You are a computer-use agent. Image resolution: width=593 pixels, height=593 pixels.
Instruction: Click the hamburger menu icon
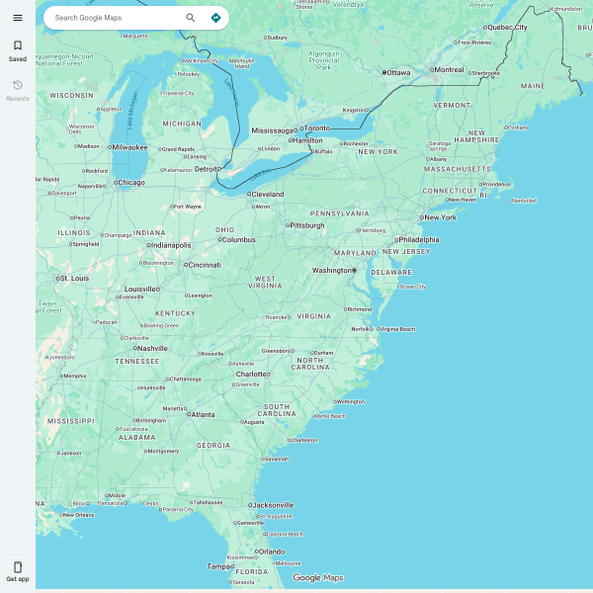[x=18, y=18]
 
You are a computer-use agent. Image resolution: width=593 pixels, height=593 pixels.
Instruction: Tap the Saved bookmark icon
[x=18, y=45]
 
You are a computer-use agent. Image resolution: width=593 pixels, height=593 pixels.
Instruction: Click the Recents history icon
[x=18, y=86]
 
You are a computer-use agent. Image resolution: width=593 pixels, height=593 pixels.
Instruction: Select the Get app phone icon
[x=18, y=567]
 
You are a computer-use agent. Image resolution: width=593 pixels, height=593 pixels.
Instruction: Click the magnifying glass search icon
[x=191, y=18]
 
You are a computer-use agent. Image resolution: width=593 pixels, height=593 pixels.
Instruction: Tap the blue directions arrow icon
[x=215, y=18]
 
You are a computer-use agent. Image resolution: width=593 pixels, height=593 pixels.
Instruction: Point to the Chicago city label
[x=129, y=182]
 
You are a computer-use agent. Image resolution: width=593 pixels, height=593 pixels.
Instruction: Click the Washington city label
[x=331, y=270]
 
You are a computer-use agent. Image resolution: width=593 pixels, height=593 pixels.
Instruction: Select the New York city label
[x=440, y=217]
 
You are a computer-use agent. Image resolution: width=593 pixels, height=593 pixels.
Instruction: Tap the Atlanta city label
[x=203, y=414]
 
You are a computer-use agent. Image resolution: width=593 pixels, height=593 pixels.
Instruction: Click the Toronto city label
[x=317, y=128]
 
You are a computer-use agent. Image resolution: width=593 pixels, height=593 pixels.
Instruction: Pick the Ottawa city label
[x=398, y=72]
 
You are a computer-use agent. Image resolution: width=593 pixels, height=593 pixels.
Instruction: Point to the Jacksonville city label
[x=272, y=505]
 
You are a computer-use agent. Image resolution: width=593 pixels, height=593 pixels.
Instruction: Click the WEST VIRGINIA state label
[x=266, y=284]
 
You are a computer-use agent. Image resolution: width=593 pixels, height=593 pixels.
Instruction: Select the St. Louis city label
[x=74, y=279]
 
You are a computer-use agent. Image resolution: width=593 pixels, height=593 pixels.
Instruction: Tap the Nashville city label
[x=152, y=348]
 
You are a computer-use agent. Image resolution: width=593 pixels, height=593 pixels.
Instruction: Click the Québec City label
[x=507, y=28]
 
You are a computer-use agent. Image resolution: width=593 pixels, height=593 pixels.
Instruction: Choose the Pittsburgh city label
[x=307, y=225]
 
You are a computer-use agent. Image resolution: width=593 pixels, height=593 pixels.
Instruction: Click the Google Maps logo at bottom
[x=317, y=578]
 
